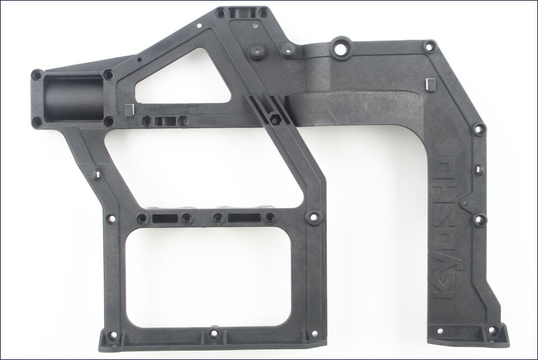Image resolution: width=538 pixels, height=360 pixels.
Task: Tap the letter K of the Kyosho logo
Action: pyautogui.click(x=443, y=291)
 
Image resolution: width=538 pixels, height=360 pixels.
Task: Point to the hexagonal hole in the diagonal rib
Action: pyautogui.click(x=276, y=118)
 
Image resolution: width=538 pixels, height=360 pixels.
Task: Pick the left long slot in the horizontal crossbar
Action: pyautogui.click(x=165, y=218)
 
